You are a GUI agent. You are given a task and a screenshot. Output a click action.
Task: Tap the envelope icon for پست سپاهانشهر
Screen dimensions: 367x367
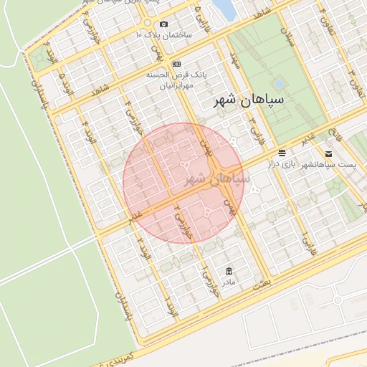pyautogui.click(x=328, y=153)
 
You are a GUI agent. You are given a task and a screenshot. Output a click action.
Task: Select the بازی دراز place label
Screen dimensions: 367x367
pyautogui.click(x=282, y=165)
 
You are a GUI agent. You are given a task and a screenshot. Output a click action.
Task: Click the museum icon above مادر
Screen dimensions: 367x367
pyautogui.click(x=229, y=271)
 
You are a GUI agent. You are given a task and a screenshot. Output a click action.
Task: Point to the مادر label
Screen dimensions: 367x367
pyautogui.click(x=228, y=282)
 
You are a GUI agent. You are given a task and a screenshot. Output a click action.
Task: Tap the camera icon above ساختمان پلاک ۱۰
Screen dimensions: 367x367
pyautogui.click(x=164, y=24)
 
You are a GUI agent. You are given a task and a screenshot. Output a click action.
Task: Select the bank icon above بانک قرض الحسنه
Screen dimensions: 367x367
pyautogui.click(x=178, y=64)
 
